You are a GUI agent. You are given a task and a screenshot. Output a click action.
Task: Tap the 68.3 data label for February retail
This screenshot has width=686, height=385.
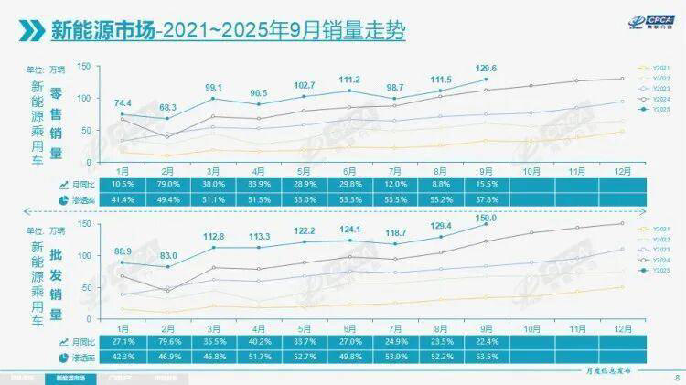168,107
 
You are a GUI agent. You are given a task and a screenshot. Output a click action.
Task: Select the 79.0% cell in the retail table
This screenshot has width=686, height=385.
168,184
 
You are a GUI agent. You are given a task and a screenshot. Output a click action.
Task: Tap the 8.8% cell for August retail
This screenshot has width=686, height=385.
441,184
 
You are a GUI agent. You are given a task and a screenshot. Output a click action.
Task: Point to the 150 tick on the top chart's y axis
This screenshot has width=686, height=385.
83,67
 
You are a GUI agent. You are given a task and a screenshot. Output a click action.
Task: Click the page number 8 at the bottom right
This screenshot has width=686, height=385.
675,377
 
